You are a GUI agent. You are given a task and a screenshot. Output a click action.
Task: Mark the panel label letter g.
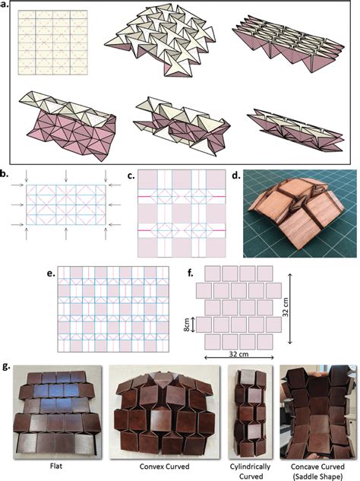[x=7, y=366]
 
